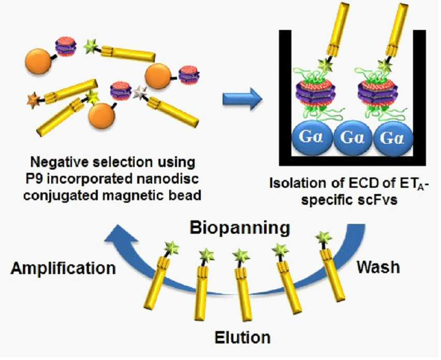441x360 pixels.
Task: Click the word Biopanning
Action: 240,229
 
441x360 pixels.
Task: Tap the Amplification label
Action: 63,268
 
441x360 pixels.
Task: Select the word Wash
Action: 378,267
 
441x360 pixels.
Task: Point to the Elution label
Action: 242,337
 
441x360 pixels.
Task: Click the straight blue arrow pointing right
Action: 242,99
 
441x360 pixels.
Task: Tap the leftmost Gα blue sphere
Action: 312,138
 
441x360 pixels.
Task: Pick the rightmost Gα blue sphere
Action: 393,138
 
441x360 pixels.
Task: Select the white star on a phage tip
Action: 140,93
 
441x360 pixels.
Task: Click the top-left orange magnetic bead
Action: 38,61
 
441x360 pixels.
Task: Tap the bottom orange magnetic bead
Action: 101,116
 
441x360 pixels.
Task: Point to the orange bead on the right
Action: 158,76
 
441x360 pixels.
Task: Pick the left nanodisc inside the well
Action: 315,93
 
